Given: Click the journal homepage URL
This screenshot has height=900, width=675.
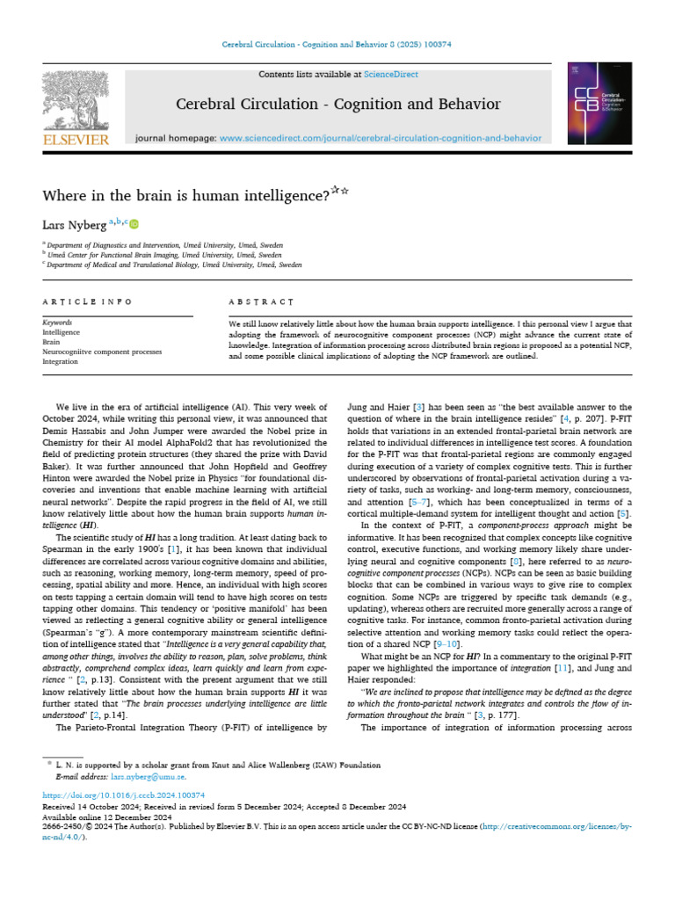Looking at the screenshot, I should coord(380,138).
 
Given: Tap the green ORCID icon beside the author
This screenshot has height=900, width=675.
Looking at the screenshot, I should coord(134,225).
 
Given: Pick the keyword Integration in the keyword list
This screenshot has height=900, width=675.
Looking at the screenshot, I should coord(62,361).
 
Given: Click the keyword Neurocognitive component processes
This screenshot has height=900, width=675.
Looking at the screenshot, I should coord(102,352).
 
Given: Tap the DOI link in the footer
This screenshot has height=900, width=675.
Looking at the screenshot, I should coord(123,795).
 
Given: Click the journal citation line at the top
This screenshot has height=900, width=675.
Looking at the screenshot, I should coord(337,46).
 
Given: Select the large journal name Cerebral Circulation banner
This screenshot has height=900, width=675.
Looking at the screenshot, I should coord(338,105).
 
